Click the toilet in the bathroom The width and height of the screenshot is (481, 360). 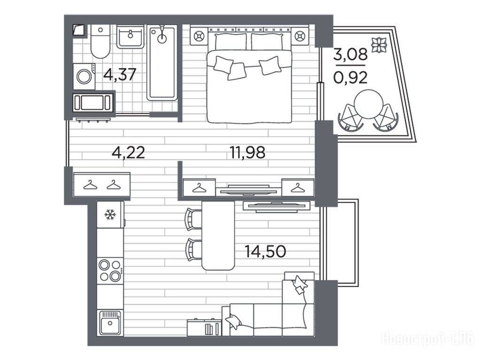[101, 42]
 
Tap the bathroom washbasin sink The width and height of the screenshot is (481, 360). [130, 36]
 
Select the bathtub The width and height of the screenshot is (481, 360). [162, 63]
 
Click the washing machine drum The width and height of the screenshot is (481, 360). [84, 77]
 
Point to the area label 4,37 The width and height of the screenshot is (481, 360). [120, 75]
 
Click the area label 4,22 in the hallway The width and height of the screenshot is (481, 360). [128, 153]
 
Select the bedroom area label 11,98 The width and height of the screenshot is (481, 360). [248, 153]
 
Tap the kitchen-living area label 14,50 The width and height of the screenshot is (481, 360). [266, 251]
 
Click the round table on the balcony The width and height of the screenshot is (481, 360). [368, 104]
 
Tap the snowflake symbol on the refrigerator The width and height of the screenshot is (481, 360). [110, 214]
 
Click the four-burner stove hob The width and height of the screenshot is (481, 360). [110, 270]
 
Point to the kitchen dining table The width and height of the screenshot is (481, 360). [218, 236]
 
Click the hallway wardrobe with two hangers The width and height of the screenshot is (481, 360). [101, 184]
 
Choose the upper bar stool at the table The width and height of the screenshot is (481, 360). [193, 219]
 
